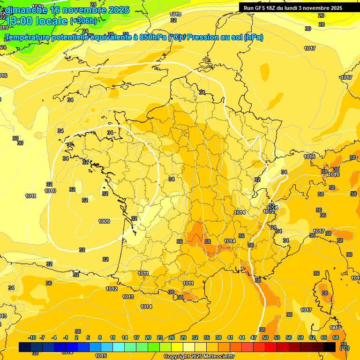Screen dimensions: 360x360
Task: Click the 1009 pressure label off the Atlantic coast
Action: [x=104, y=221]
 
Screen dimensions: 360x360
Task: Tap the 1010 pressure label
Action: [x=50, y=191]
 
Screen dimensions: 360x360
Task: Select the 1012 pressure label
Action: [x=112, y=289]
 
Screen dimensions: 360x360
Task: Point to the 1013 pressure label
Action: [x=128, y=297]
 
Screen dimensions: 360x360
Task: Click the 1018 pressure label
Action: [x=175, y=15]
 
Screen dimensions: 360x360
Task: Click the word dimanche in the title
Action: [x=26, y=10]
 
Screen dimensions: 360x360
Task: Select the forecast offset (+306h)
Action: [x=84, y=21]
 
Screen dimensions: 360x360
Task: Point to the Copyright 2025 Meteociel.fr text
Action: [x=199, y=357]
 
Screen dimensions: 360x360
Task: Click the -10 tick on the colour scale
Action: [x=31, y=338]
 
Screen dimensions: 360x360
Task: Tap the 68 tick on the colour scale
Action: [x=336, y=338]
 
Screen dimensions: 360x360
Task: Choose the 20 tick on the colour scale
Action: [x=148, y=338]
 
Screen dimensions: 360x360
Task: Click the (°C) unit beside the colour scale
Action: [x=345, y=347]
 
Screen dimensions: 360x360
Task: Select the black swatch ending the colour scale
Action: [x=330, y=347]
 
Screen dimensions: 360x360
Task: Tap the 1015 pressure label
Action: [x=101, y=356]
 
